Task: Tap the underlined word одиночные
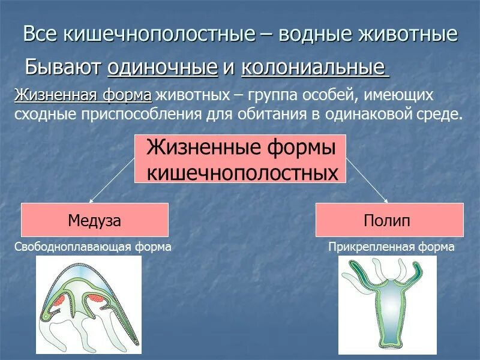point(162,68)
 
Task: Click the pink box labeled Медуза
point(95,220)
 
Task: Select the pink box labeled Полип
point(389,220)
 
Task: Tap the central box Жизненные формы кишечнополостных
point(239,159)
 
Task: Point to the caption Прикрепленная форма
point(391,247)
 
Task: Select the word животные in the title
point(412,34)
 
